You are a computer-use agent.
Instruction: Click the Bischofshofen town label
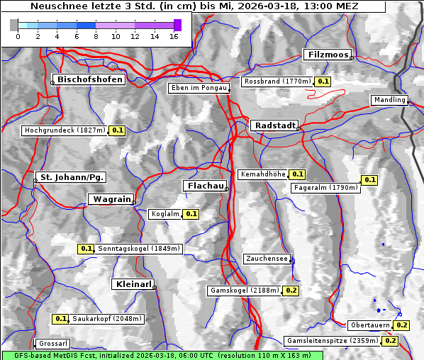[x=91, y=79]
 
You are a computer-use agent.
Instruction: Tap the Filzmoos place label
[x=328, y=55]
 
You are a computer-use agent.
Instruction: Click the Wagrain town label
[x=111, y=200]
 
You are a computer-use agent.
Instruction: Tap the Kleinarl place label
[x=133, y=284]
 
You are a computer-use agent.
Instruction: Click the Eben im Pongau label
[x=199, y=88]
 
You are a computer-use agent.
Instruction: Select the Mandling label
[x=389, y=100]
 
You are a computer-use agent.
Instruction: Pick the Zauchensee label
[x=267, y=259]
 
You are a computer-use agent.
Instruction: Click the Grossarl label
[x=52, y=344]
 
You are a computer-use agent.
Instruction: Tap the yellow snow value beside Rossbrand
[x=323, y=81]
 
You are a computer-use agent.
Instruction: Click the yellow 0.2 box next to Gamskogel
[x=291, y=291]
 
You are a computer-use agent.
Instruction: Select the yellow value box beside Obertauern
[x=401, y=325]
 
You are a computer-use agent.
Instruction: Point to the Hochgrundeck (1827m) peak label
[x=65, y=130]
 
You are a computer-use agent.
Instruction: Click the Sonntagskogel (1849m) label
[x=140, y=249]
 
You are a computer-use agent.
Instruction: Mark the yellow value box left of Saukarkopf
[x=61, y=319]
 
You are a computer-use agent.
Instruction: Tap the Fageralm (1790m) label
[x=325, y=188]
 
